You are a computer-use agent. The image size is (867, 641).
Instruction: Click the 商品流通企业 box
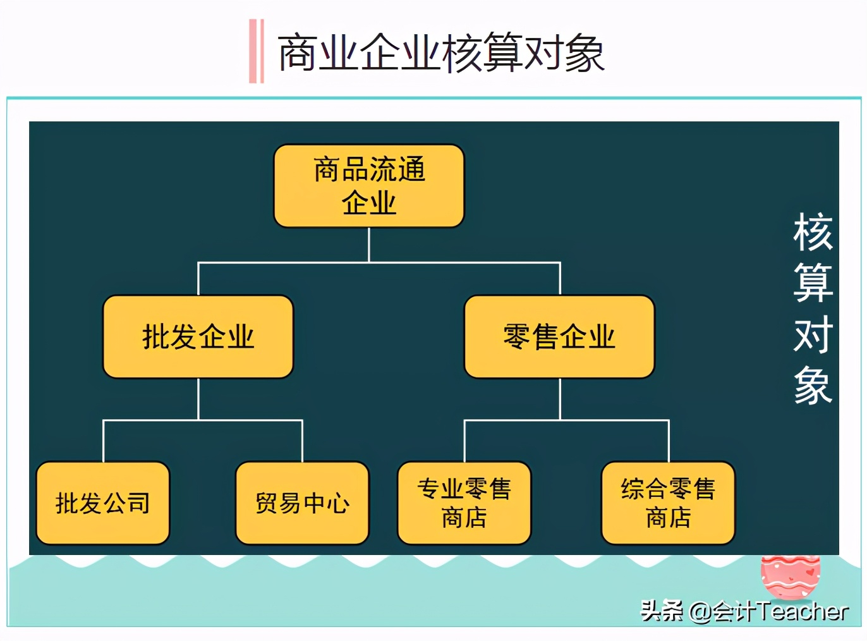pyautogui.click(x=369, y=186)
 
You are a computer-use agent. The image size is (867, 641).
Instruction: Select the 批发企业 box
pyautogui.click(x=198, y=336)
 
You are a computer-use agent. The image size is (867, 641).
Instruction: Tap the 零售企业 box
pyautogui.click(x=559, y=336)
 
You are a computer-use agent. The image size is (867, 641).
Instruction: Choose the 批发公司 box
pyautogui.click(x=103, y=503)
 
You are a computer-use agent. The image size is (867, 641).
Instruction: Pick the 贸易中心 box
pyautogui.click(x=302, y=503)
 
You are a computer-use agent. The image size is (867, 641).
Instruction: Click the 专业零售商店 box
pyautogui.click(x=464, y=503)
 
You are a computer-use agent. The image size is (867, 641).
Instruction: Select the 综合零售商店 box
pyautogui.click(x=668, y=503)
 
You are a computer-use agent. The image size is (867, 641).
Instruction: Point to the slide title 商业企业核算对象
pyautogui.click(x=441, y=53)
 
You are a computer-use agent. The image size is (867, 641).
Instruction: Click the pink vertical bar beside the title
pyautogui.click(x=256, y=51)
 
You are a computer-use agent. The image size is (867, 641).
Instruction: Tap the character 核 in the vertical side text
pyautogui.click(x=813, y=233)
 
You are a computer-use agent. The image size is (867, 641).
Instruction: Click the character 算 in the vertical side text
pyautogui.click(x=813, y=283)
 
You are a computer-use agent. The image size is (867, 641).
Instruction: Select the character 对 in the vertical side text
pyautogui.click(x=813, y=334)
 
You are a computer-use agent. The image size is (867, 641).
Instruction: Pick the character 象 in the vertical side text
pyautogui.click(x=813, y=385)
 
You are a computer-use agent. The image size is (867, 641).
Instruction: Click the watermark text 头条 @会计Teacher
pyautogui.click(x=744, y=611)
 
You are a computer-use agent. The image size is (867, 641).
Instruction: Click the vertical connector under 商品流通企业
pyautogui.click(x=369, y=244)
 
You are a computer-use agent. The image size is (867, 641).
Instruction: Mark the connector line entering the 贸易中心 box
pyautogui.click(x=302, y=441)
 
